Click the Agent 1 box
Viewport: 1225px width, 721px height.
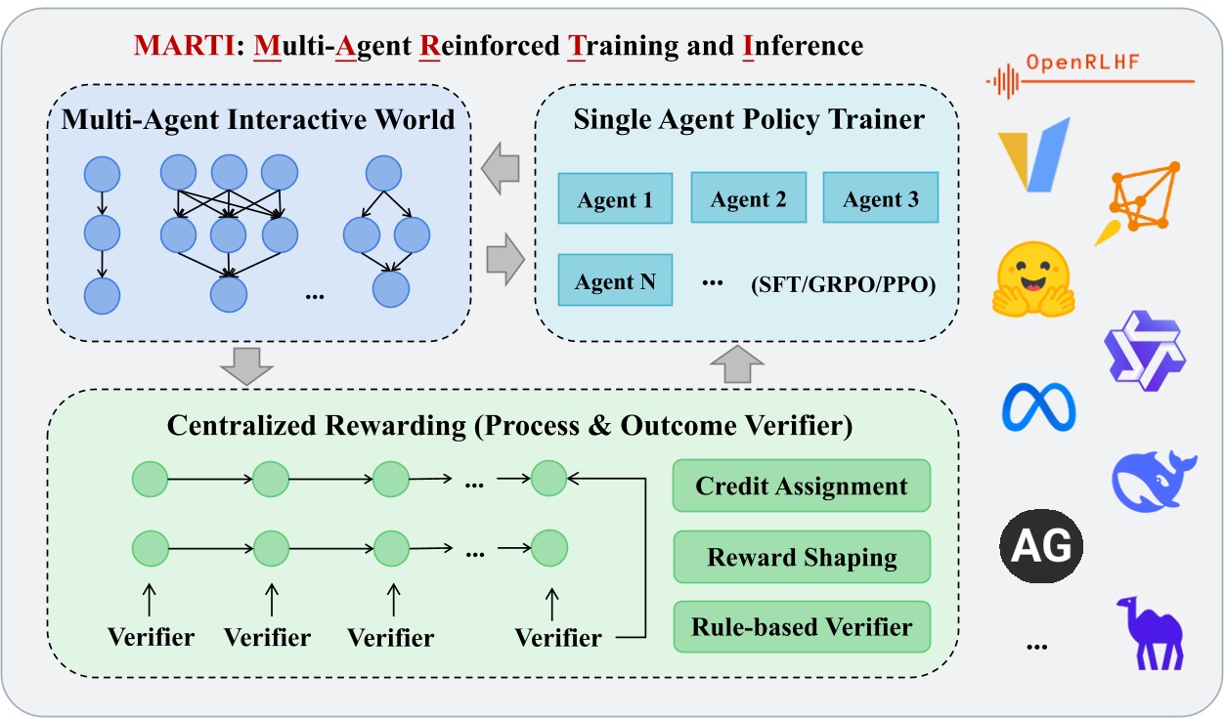point(615,200)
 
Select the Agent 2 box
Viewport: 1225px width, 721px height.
point(748,199)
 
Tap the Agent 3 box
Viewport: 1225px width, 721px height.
point(881,199)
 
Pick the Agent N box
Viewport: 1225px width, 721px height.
point(615,281)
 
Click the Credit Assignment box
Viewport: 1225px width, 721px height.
point(801,486)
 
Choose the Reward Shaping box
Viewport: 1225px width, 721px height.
point(801,557)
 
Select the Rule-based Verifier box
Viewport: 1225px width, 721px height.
point(801,626)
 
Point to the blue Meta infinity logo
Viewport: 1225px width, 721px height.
point(1038,406)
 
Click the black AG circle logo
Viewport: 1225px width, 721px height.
point(1041,544)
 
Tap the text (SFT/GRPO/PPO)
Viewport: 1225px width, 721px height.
point(843,284)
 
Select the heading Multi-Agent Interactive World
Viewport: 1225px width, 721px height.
point(258,120)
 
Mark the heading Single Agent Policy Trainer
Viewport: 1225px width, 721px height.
point(749,120)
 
